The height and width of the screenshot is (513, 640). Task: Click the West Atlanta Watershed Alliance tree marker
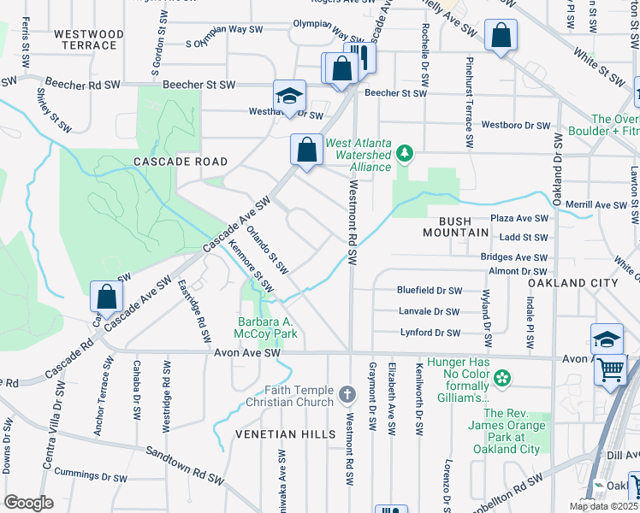pos(406,155)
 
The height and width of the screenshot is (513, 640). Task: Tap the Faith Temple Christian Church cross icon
pos(347,394)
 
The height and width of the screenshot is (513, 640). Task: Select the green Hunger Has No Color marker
pos(502,377)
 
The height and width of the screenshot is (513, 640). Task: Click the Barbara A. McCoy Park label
pos(267,327)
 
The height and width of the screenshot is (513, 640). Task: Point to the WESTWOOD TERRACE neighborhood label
pos(89,40)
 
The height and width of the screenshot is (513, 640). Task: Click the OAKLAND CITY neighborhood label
pos(572,283)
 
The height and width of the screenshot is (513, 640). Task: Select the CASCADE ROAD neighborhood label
pos(181,162)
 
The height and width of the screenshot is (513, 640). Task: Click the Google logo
pos(28,502)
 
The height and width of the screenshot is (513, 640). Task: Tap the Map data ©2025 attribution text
pos(603,506)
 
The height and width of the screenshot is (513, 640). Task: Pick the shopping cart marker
pos(611,369)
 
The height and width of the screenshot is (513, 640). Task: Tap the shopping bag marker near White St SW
pos(501,37)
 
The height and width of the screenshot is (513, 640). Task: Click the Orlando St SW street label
pos(265,245)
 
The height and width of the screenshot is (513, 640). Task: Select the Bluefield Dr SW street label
pos(429,291)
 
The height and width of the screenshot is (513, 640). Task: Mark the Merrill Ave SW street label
pos(596,205)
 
